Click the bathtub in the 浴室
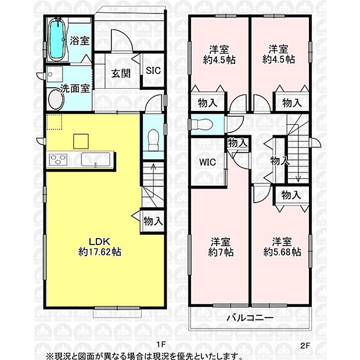click(x=56, y=39)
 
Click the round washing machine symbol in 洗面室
click(x=56, y=100)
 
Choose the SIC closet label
click(x=153, y=70)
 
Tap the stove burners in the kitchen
click(x=59, y=159)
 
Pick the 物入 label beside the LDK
click(x=153, y=221)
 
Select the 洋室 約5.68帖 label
click(x=282, y=246)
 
